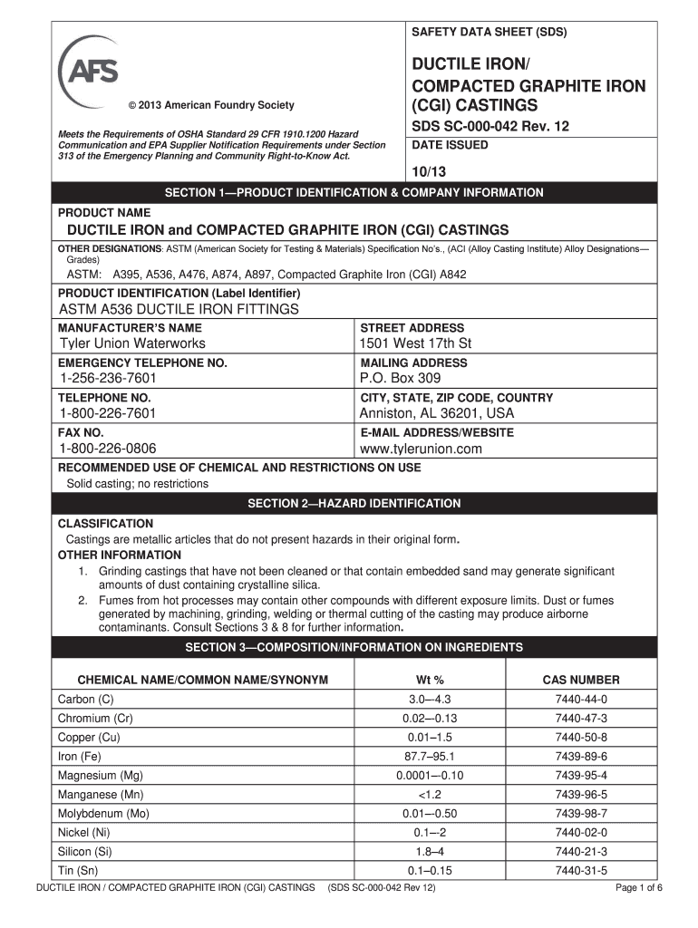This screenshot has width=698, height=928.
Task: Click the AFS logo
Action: click(x=87, y=69)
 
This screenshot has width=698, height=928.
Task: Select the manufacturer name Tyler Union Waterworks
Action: click(x=132, y=343)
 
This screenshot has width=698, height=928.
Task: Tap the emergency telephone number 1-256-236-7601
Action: click(x=108, y=378)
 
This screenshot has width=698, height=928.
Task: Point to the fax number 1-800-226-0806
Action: click(x=108, y=449)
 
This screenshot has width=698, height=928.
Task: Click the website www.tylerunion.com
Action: click(x=421, y=449)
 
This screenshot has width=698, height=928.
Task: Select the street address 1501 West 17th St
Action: click(x=416, y=343)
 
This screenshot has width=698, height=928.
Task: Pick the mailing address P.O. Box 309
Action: click(x=400, y=378)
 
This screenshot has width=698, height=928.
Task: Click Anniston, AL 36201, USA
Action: click(x=437, y=413)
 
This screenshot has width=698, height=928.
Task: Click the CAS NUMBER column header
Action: click(x=581, y=680)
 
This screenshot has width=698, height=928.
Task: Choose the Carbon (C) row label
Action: click(x=86, y=700)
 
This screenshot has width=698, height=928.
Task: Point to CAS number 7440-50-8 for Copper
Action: click(x=581, y=738)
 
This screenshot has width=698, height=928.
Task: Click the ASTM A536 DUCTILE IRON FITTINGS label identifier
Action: click(x=179, y=309)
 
